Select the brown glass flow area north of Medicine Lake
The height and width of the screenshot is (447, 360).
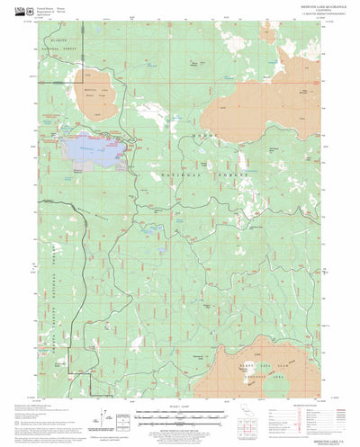point(99,104)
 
